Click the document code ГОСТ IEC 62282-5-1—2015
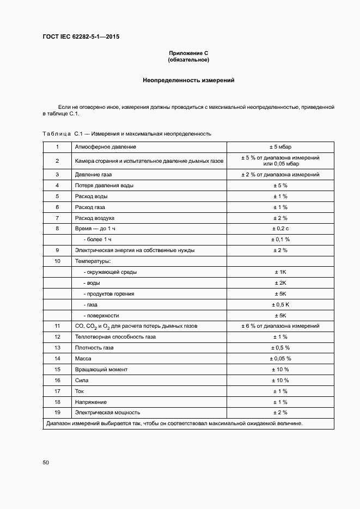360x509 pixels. tap(81, 37)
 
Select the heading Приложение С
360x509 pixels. tap(188, 53)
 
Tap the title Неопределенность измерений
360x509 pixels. tap(188, 80)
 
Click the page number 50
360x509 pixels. tap(46, 462)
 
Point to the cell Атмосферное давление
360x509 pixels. tap(105, 147)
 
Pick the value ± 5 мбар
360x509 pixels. tap(280, 147)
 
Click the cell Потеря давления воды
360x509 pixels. tap(104, 185)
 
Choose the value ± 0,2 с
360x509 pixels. tap(280, 229)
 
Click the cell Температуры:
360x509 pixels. tap(92, 261)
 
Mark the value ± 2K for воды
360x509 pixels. tap(280, 283)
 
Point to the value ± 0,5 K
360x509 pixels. tap(280, 305)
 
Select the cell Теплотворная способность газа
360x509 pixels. tap(115, 337)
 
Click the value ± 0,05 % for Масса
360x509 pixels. tap(280, 359)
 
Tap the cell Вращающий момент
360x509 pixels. tap(101, 370)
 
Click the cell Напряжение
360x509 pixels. tap(90, 402)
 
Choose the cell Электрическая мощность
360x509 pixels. tap(107, 413)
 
